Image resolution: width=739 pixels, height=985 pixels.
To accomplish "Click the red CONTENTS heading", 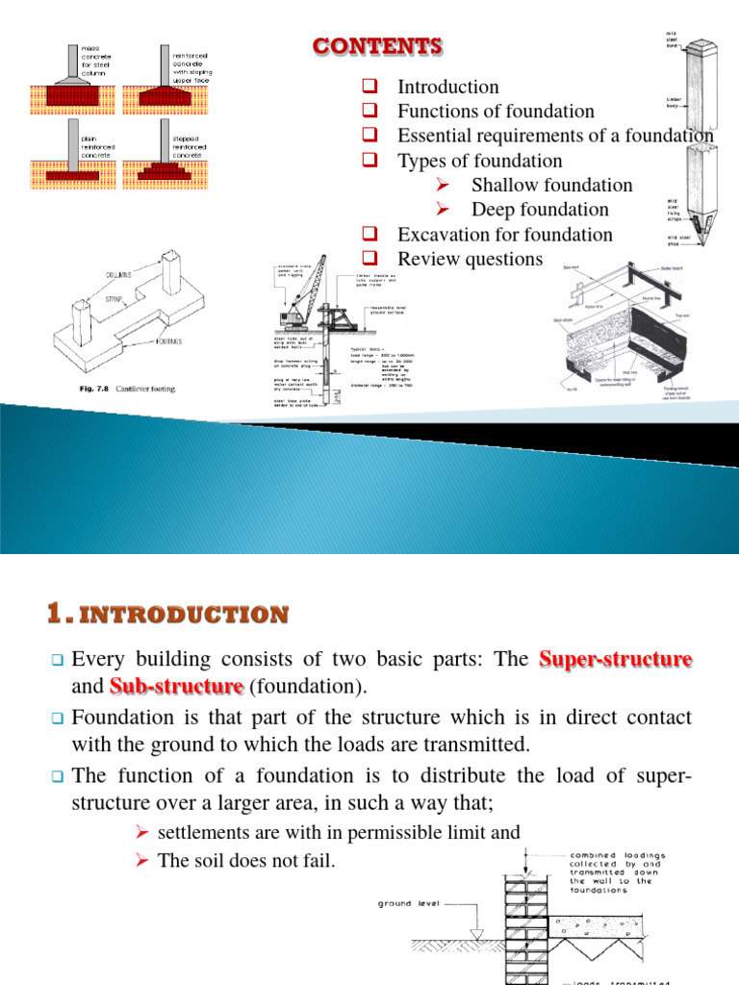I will pyautogui.click(x=378, y=45).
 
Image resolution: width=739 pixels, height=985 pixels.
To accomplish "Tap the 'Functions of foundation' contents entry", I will pyautogui.click(x=496, y=112).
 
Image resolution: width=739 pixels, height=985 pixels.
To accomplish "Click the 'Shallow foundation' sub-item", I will pyautogui.click(x=551, y=185).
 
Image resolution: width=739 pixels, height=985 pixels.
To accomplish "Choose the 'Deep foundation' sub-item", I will pyautogui.click(x=540, y=210).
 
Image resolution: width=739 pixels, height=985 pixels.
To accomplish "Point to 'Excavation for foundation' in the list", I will pyautogui.click(x=504, y=235).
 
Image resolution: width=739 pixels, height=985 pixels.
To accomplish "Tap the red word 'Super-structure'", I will pyautogui.click(x=616, y=660).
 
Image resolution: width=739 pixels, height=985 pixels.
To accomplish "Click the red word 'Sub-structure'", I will pyautogui.click(x=176, y=686).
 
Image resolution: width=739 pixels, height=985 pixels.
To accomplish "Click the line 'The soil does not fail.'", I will pyautogui.click(x=246, y=861).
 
